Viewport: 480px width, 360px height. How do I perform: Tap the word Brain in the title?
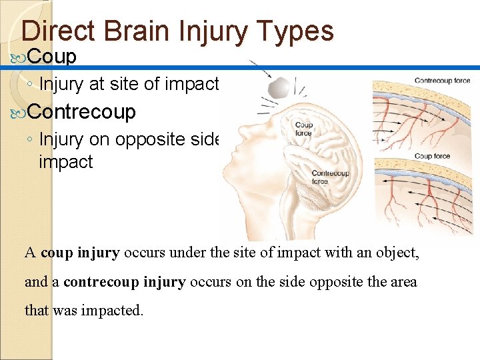(x=130, y=31)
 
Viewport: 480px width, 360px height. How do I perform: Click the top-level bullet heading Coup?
(x=53, y=57)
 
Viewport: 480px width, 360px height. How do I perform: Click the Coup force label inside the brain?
(x=303, y=129)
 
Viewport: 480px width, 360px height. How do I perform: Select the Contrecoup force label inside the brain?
(x=329, y=177)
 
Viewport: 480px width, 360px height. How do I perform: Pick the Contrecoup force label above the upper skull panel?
(x=442, y=81)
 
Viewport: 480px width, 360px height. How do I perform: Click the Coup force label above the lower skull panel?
(x=432, y=156)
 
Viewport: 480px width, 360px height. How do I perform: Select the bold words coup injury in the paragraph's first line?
(x=80, y=253)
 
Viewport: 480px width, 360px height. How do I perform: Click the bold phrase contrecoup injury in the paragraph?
(x=125, y=282)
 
